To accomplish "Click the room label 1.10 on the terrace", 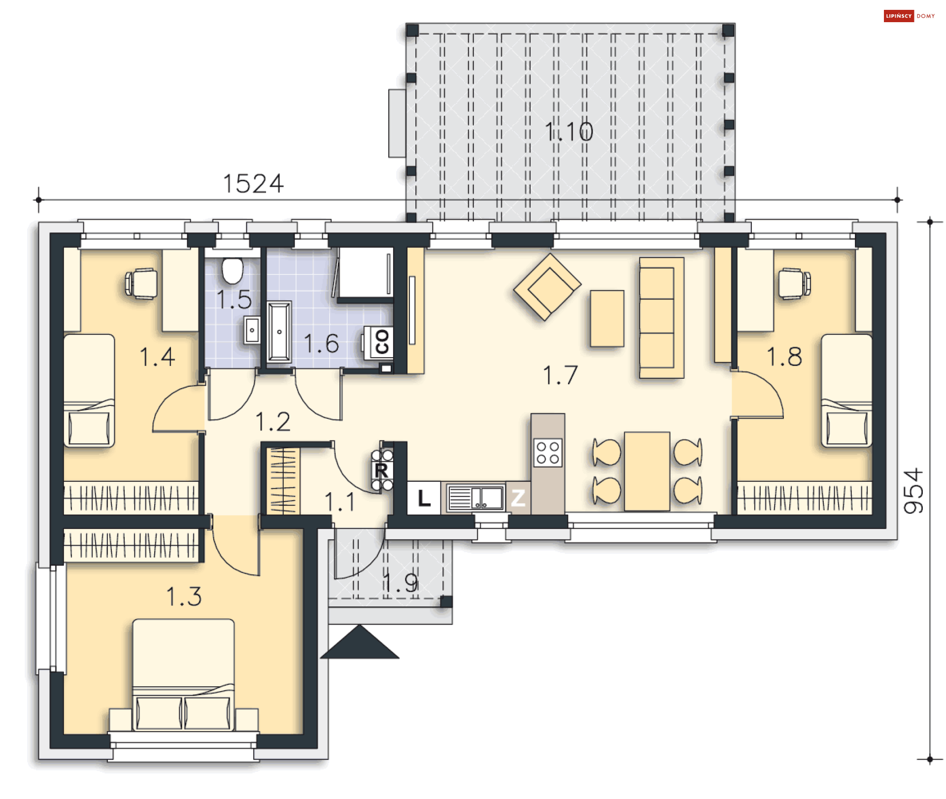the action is pyautogui.click(x=569, y=132).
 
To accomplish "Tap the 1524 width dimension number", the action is pyautogui.click(x=253, y=184).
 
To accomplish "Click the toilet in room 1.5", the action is pyautogui.click(x=233, y=270).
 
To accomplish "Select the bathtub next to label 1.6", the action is pyautogui.click(x=279, y=332).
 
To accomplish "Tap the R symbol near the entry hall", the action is pyautogui.click(x=382, y=470).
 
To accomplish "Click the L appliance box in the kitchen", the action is pyautogui.click(x=424, y=498).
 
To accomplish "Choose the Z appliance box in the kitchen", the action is pyautogui.click(x=518, y=498).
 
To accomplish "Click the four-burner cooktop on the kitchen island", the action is pyautogui.click(x=548, y=453).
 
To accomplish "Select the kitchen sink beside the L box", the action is pyautogui.click(x=475, y=498).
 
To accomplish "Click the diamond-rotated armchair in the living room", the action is pyautogui.click(x=547, y=287).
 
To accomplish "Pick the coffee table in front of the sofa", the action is pyautogui.click(x=607, y=318).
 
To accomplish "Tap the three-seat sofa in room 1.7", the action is pyautogui.click(x=662, y=318).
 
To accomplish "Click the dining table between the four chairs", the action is pyautogui.click(x=647, y=471).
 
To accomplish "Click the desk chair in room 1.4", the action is pyautogui.click(x=141, y=284).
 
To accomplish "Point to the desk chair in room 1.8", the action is pyautogui.click(x=794, y=284).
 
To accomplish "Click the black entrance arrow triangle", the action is pyautogui.click(x=360, y=642).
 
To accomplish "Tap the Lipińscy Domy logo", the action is pyautogui.click(x=910, y=16).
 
